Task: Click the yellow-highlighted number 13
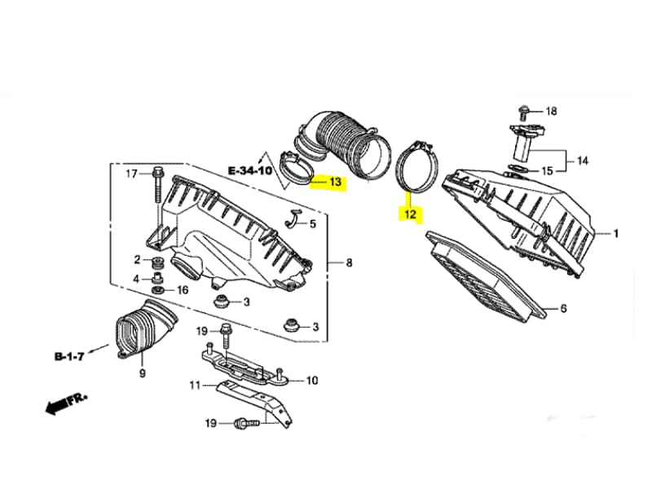point(334,183)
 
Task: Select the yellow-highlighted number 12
point(408,215)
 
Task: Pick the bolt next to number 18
point(523,111)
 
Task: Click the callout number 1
point(616,234)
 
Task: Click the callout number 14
point(582,161)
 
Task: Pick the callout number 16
point(183,289)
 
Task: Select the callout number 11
point(195,385)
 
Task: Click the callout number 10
point(312,380)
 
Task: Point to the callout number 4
point(137,279)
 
